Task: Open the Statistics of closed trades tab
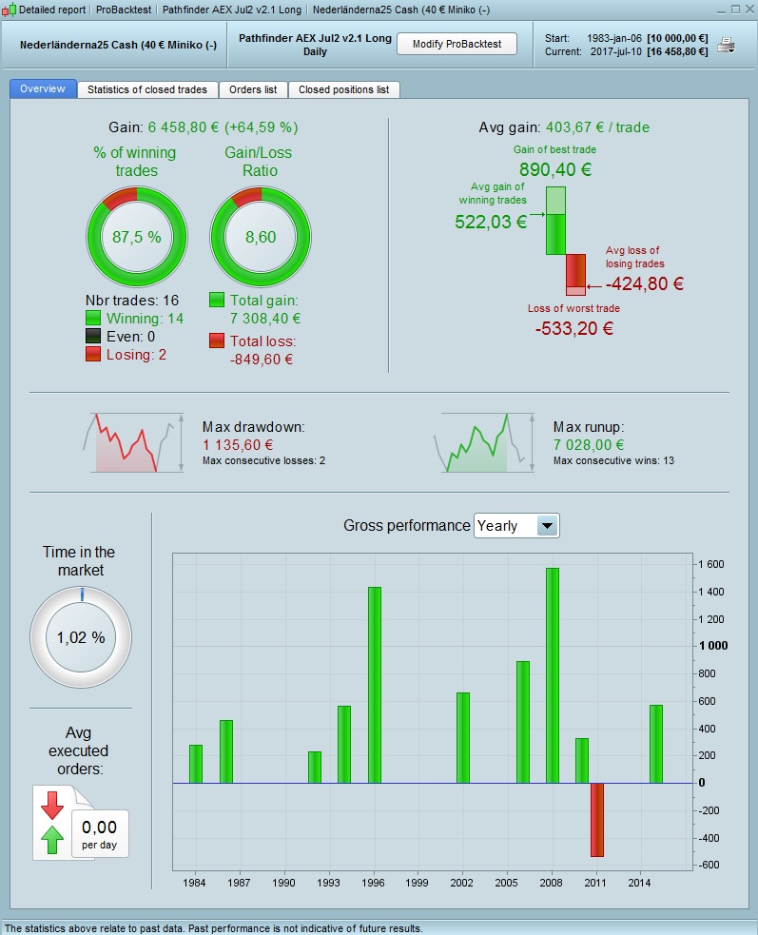point(146,89)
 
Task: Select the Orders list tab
point(253,89)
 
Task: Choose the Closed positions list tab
point(343,89)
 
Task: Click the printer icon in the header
point(726,45)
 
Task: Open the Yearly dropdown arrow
point(547,526)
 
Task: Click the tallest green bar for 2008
point(553,675)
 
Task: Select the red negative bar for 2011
point(597,819)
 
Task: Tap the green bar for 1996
point(374,685)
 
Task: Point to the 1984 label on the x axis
point(195,883)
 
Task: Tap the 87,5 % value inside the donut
point(137,237)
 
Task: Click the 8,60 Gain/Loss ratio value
point(261,237)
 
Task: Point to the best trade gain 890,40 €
point(555,170)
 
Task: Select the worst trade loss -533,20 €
point(574,329)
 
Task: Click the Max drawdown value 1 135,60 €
point(238,444)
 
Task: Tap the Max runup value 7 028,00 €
point(589,444)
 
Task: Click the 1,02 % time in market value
point(81,637)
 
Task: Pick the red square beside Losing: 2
point(93,354)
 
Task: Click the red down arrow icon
point(52,804)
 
